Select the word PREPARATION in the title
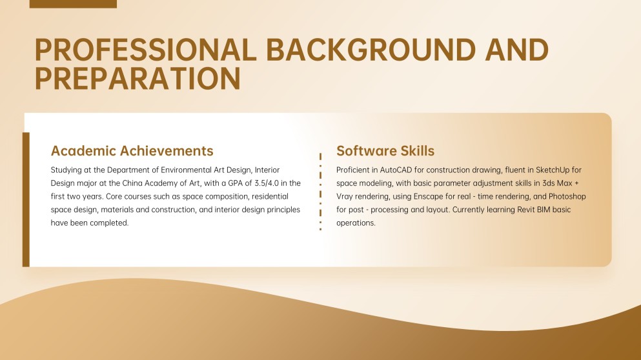pos(137,78)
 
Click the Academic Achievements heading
pos(132,151)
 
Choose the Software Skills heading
pos(385,151)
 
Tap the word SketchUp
pos(550,170)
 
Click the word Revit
pos(517,210)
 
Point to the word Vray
pos(345,196)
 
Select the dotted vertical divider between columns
pos(320,192)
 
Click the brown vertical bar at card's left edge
pos(26,199)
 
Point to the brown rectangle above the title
pos(73,4)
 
